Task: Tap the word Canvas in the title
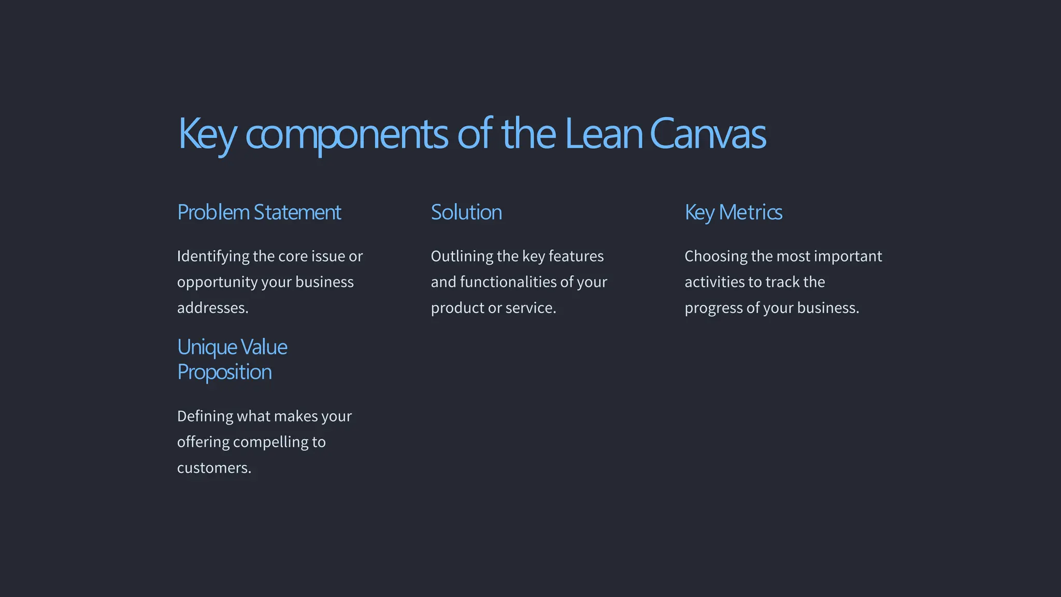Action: (x=708, y=134)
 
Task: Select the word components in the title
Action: (x=346, y=135)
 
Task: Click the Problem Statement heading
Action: (x=259, y=212)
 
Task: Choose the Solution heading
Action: (x=466, y=212)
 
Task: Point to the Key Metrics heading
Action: (x=733, y=212)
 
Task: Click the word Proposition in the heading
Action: (x=224, y=372)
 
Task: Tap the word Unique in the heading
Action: (x=207, y=347)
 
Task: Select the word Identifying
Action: (x=213, y=257)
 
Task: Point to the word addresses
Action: (x=212, y=308)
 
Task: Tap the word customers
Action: (x=213, y=468)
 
